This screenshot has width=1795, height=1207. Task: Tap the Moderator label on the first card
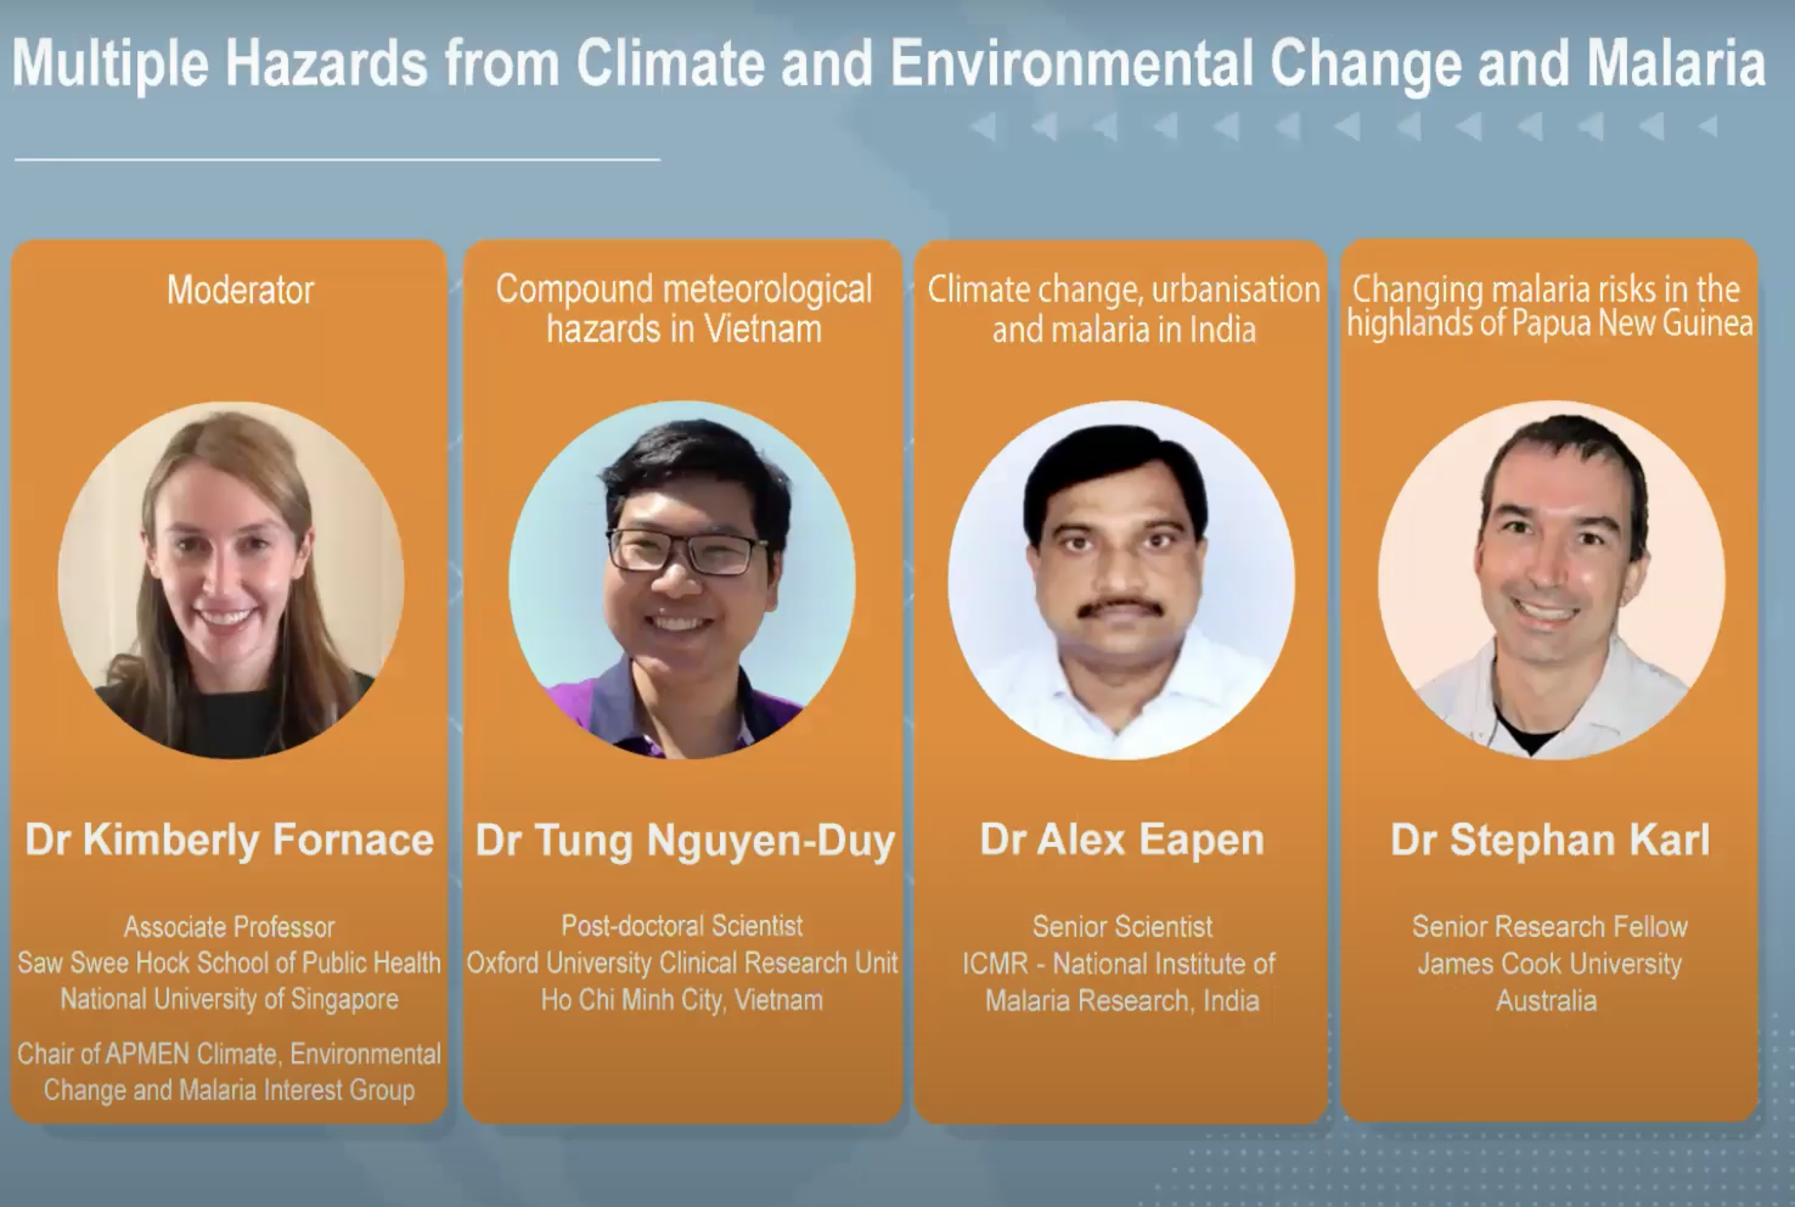point(240,290)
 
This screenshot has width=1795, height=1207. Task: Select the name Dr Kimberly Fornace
point(229,839)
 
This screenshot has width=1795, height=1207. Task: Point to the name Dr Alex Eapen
point(1122,840)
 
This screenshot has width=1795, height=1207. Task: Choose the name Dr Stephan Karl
point(1550,840)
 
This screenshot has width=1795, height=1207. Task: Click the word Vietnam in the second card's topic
point(763,329)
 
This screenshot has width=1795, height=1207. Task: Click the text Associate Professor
point(229,926)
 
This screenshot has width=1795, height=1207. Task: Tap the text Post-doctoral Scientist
point(682,926)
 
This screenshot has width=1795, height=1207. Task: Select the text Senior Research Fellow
point(1549,926)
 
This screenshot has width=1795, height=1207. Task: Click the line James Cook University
point(1549,964)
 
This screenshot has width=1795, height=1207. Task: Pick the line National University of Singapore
point(229,999)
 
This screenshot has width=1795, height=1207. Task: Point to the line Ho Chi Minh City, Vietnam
point(682,1000)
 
